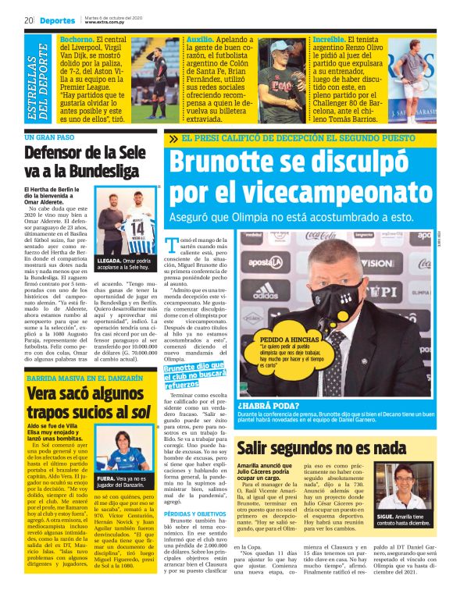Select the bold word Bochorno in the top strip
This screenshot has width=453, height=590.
point(76,39)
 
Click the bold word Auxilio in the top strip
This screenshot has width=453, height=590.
point(200,39)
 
